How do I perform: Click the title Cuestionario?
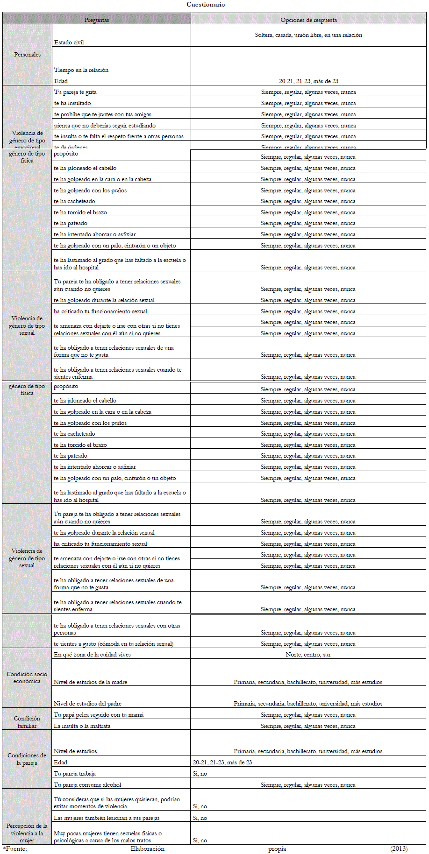coord(206,5)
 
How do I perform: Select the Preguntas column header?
coord(97,20)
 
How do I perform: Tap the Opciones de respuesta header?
coord(308,20)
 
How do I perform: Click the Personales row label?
coord(27,55)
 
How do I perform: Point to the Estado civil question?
coord(69,42)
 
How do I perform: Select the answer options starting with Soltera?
coord(308,35)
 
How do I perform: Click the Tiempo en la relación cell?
coord(81,70)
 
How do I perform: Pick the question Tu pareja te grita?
coord(75,92)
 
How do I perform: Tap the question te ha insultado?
coord(72,103)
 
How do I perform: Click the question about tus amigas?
coord(103,114)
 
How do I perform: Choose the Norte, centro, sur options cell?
coord(308,655)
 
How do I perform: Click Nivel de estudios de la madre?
coord(91,682)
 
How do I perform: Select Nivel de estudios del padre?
coord(88,704)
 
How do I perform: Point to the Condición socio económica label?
coord(27,678)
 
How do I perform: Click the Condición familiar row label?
coord(27,722)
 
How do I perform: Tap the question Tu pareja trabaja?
coord(75,774)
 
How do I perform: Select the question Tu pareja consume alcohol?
coord(87,785)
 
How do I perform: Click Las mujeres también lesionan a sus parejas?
coord(107,818)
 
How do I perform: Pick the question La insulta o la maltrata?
coord(82,726)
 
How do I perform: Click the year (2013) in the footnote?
coord(399,849)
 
